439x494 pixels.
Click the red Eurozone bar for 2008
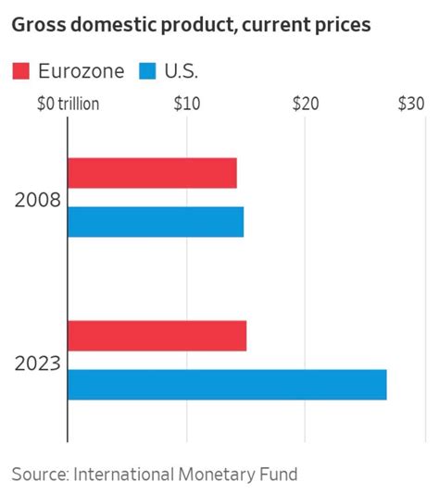[x=152, y=173]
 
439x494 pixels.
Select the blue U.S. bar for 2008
[x=156, y=221]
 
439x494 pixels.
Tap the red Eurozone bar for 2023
[x=157, y=336]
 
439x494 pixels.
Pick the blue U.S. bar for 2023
[x=227, y=384]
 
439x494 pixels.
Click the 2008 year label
[x=37, y=199]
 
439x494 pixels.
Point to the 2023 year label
[x=37, y=363]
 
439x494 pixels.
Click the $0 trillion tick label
[x=67, y=104]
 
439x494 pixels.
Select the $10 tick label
[x=186, y=104]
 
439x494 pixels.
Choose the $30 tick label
[x=410, y=104]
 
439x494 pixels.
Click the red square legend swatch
[x=21, y=71]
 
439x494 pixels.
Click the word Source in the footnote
[x=38, y=475]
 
